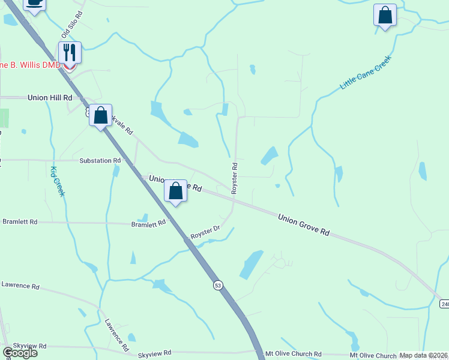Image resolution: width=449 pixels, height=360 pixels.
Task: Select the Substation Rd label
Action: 100,161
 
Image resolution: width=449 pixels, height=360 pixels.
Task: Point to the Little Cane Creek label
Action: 365,73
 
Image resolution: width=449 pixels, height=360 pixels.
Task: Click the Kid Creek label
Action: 58,182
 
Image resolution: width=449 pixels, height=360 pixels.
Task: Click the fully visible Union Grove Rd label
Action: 304,223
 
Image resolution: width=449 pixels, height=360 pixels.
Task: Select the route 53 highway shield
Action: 217,286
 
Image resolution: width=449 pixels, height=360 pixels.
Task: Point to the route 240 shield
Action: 444,304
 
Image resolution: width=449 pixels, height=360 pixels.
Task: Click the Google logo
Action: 20,353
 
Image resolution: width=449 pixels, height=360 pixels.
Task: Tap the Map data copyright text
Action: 424,355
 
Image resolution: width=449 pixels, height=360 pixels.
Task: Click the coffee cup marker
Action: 35,4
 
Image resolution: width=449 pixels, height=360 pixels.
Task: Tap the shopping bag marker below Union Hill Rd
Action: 101,115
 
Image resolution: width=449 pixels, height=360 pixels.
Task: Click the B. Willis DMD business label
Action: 30,65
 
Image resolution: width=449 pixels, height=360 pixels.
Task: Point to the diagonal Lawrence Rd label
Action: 116,335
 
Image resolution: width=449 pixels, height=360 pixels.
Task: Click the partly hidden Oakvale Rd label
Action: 122,125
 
